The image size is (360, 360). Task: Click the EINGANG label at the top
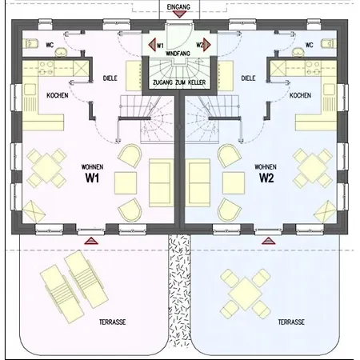click(179, 6)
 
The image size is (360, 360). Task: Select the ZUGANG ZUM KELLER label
click(179, 83)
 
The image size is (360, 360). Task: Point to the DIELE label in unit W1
click(110, 79)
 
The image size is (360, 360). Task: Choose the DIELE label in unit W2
click(248, 79)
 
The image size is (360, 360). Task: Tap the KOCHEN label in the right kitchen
click(300, 96)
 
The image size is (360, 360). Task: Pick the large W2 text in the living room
click(266, 178)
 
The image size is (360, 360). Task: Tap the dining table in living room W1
click(45, 168)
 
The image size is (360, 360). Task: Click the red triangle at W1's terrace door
click(90, 238)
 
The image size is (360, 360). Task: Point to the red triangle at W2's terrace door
click(267, 238)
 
